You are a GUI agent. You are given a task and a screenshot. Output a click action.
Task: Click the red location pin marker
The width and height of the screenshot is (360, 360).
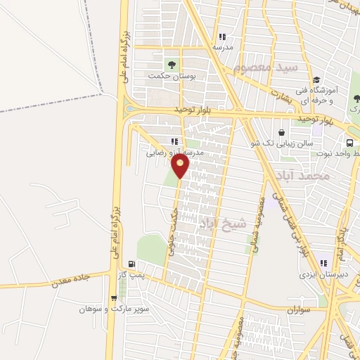pyautogui.click(x=181, y=165)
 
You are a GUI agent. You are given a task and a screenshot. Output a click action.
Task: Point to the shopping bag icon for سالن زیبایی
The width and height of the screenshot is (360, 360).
pyautogui.click(x=281, y=132)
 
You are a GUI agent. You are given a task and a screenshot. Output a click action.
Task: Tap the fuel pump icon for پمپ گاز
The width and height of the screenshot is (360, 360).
pyautogui.click(x=132, y=264)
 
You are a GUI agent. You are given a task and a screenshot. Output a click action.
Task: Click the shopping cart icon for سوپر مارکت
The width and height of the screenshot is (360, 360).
pyautogui.click(x=114, y=298)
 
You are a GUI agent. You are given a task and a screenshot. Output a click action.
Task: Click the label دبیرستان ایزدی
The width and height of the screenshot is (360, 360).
pyautogui.click(x=319, y=276)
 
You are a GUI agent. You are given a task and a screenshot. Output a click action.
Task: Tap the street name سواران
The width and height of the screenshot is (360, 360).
pyautogui.click(x=300, y=310)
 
